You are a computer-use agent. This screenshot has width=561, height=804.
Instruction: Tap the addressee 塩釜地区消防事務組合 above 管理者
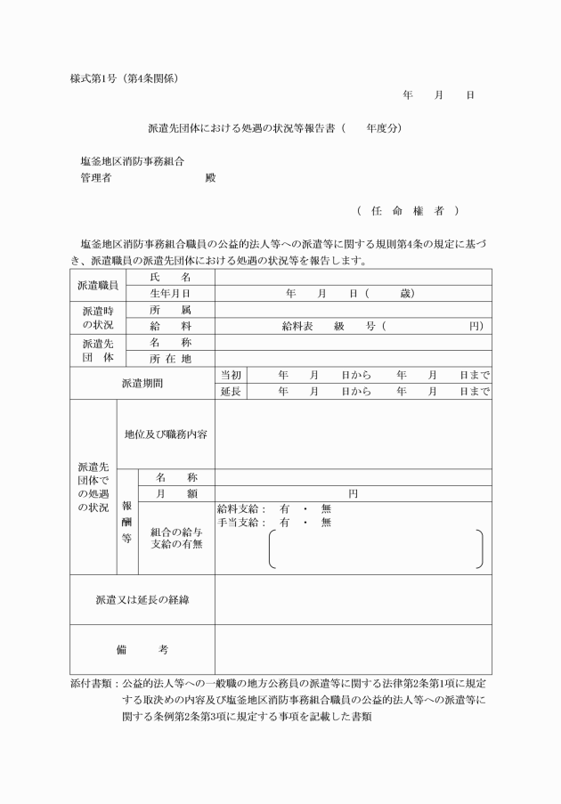click(x=132, y=161)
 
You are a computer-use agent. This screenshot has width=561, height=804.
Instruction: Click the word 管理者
click(x=96, y=177)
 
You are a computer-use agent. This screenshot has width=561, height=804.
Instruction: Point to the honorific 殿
click(x=210, y=177)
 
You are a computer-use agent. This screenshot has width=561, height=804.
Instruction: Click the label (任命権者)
click(x=408, y=211)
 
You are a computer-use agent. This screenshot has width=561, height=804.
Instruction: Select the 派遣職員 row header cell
click(x=98, y=285)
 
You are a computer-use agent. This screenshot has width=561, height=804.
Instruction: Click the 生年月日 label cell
click(x=170, y=293)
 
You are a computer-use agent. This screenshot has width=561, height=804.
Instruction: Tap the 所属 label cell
click(x=170, y=310)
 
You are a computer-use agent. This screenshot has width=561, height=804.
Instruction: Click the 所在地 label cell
click(x=170, y=359)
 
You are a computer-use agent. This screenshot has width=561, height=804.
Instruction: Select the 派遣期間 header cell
click(x=142, y=384)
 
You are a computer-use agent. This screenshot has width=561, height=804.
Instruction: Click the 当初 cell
click(x=230, y=376)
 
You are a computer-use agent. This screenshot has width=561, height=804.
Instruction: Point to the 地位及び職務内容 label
click(x=166, y=434)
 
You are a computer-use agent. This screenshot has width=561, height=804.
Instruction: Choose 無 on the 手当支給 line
click(x=326, y=523)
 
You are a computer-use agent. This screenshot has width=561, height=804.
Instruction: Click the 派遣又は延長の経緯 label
click(x=142, y=599)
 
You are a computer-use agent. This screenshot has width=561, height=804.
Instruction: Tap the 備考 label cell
click(x=142, y=649)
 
